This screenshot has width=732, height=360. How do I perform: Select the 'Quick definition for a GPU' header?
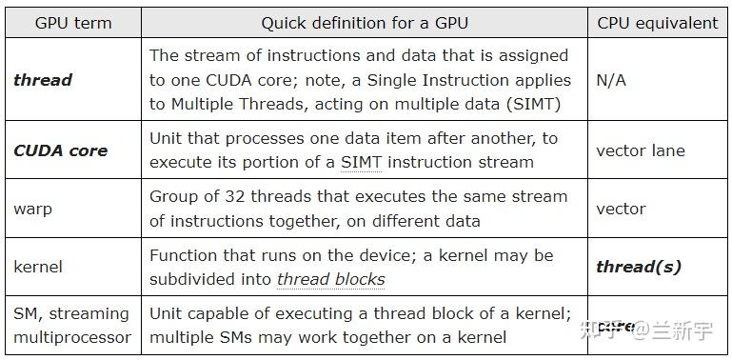pos(365,23)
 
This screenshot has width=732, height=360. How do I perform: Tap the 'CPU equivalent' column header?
pos(658,23)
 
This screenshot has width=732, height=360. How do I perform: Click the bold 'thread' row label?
pos(43,80)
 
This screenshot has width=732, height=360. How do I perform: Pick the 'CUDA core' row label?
pos(60,150)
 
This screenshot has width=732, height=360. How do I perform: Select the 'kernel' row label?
pos(39,268)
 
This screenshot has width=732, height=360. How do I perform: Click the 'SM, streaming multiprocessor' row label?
pos(71,325)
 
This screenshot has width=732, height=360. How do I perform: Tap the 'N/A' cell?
pos(611,80)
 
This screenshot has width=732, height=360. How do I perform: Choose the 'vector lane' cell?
pos(641,150)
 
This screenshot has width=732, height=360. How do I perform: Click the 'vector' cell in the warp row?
pos(621,209)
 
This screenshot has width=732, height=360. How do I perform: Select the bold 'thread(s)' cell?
pos(639,268)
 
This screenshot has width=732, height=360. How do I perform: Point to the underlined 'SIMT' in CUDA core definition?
pos(361,163)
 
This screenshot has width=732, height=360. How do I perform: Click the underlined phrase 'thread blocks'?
pos(330,279)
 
